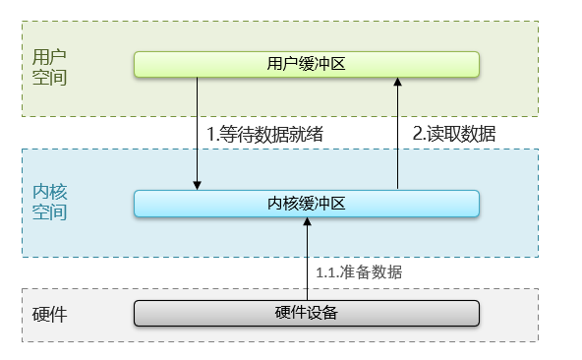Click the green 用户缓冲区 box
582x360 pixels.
tap(306, 64)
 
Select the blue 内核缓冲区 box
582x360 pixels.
tap(306, 203)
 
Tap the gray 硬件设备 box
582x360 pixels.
tap(306, 313)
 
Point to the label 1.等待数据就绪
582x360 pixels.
tap(263, 134)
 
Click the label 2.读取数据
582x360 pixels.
tap(453, 134)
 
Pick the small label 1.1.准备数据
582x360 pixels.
tap(358, 271)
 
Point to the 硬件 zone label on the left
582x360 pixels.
tap(49, 316)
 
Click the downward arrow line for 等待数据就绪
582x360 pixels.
tap(198, 128)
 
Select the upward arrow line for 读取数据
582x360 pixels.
tap(397, 138)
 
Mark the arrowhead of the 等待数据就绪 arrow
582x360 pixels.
tap(198, 184)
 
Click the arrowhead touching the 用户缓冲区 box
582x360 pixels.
tap(397, 83)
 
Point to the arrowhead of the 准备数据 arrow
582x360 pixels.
tap(308, 222)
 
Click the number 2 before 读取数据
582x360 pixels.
tap(417, 134)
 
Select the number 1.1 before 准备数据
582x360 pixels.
tap(325, 271)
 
